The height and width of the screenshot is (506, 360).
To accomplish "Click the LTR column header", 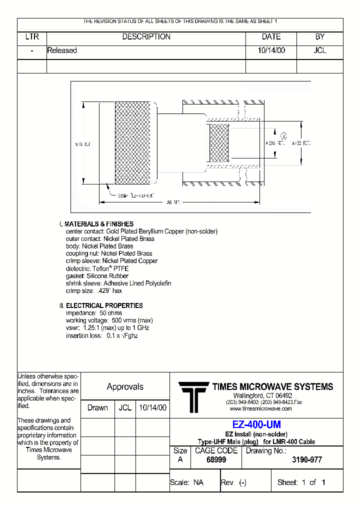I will [32, 37].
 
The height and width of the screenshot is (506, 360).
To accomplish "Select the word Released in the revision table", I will [62, 50].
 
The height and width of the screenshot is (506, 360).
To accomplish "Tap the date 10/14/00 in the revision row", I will [271, 50].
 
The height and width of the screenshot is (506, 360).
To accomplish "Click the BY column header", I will [320, 37].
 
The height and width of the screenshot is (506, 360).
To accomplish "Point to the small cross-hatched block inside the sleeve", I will [219, 143].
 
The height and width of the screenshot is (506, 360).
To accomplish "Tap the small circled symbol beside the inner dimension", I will [283, 136].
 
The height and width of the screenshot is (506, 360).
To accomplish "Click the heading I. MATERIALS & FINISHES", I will [96, 224].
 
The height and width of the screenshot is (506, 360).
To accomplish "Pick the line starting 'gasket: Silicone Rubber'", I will [97, 276].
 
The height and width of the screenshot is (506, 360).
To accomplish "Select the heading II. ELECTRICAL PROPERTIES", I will [101, 305].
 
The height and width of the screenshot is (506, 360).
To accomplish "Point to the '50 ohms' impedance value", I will [110, 313].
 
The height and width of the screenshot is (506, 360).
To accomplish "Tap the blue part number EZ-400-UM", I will [256, 424].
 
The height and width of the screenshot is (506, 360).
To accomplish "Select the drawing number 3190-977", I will [306, 459].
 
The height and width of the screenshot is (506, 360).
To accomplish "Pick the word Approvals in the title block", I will [125, 386].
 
